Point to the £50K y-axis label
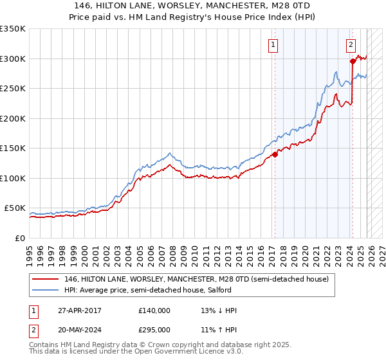tap(14, 208)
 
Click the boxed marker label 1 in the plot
tap(273, 45)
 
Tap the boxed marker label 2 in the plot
tap(351, 45)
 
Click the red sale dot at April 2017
tap(275, 154)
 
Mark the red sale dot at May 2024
tap(353, 62)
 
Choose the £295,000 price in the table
tap(154, 329)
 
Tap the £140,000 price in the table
tap(154, 310)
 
